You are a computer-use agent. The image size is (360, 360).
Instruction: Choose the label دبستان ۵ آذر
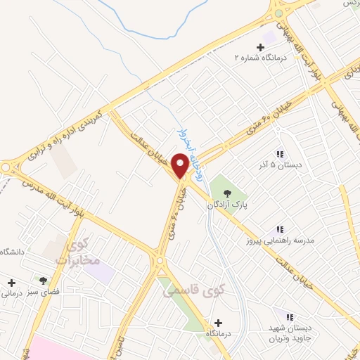coord(280,165)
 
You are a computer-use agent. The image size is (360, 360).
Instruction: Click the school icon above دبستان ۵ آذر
coord(280,153)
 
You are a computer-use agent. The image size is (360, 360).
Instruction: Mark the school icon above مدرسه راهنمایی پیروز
coord(280,229)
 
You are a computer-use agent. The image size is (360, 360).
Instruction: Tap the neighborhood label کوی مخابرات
coord(81,253)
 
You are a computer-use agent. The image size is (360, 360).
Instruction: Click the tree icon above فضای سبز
coord(44,280)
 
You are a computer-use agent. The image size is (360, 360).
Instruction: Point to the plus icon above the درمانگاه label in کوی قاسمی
coord(218,322)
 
